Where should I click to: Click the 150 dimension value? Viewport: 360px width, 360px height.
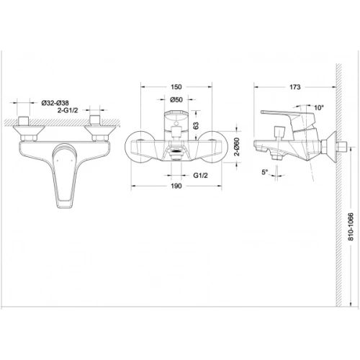click(x=176, y=87)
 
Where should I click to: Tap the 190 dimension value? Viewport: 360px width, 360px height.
click(x=176, y=186)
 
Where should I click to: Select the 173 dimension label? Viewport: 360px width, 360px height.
click(x=294, y=87)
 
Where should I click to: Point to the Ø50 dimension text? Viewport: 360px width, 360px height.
click(x=176, y=99)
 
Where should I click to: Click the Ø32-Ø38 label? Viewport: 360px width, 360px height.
click(x=55, y=103)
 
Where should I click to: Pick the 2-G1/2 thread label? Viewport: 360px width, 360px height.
click(x=68, y=110)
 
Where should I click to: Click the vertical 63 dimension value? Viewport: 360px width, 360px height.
click(x=196, y=125)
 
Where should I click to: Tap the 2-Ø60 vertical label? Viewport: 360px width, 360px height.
click(x=237, y=147)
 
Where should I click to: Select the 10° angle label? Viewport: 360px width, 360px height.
click(x=319, y=108)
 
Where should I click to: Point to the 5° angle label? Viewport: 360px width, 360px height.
click(x=265, y=172)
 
